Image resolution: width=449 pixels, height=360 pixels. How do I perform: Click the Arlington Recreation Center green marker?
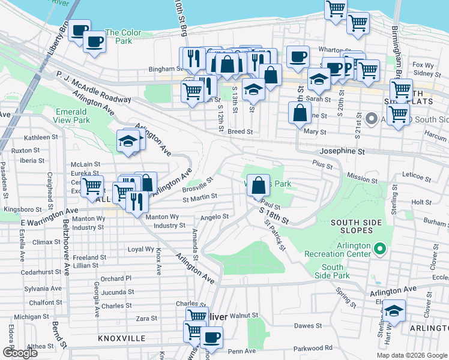pos(379,248)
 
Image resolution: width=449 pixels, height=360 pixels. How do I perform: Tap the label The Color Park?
pos(123,37)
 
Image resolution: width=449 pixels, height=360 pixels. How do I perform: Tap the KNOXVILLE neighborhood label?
pos(122,339)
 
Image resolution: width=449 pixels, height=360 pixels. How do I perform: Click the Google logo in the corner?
pos(19,353)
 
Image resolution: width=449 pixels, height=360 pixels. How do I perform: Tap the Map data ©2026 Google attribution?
pos(412,355)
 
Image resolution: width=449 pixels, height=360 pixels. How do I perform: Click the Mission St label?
pos(362,178)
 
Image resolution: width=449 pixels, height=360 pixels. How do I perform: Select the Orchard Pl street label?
pos(116,278)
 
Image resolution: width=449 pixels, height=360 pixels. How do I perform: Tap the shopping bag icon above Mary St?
pos(300,112)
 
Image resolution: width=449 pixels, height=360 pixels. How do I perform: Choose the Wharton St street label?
pos(330,50)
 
